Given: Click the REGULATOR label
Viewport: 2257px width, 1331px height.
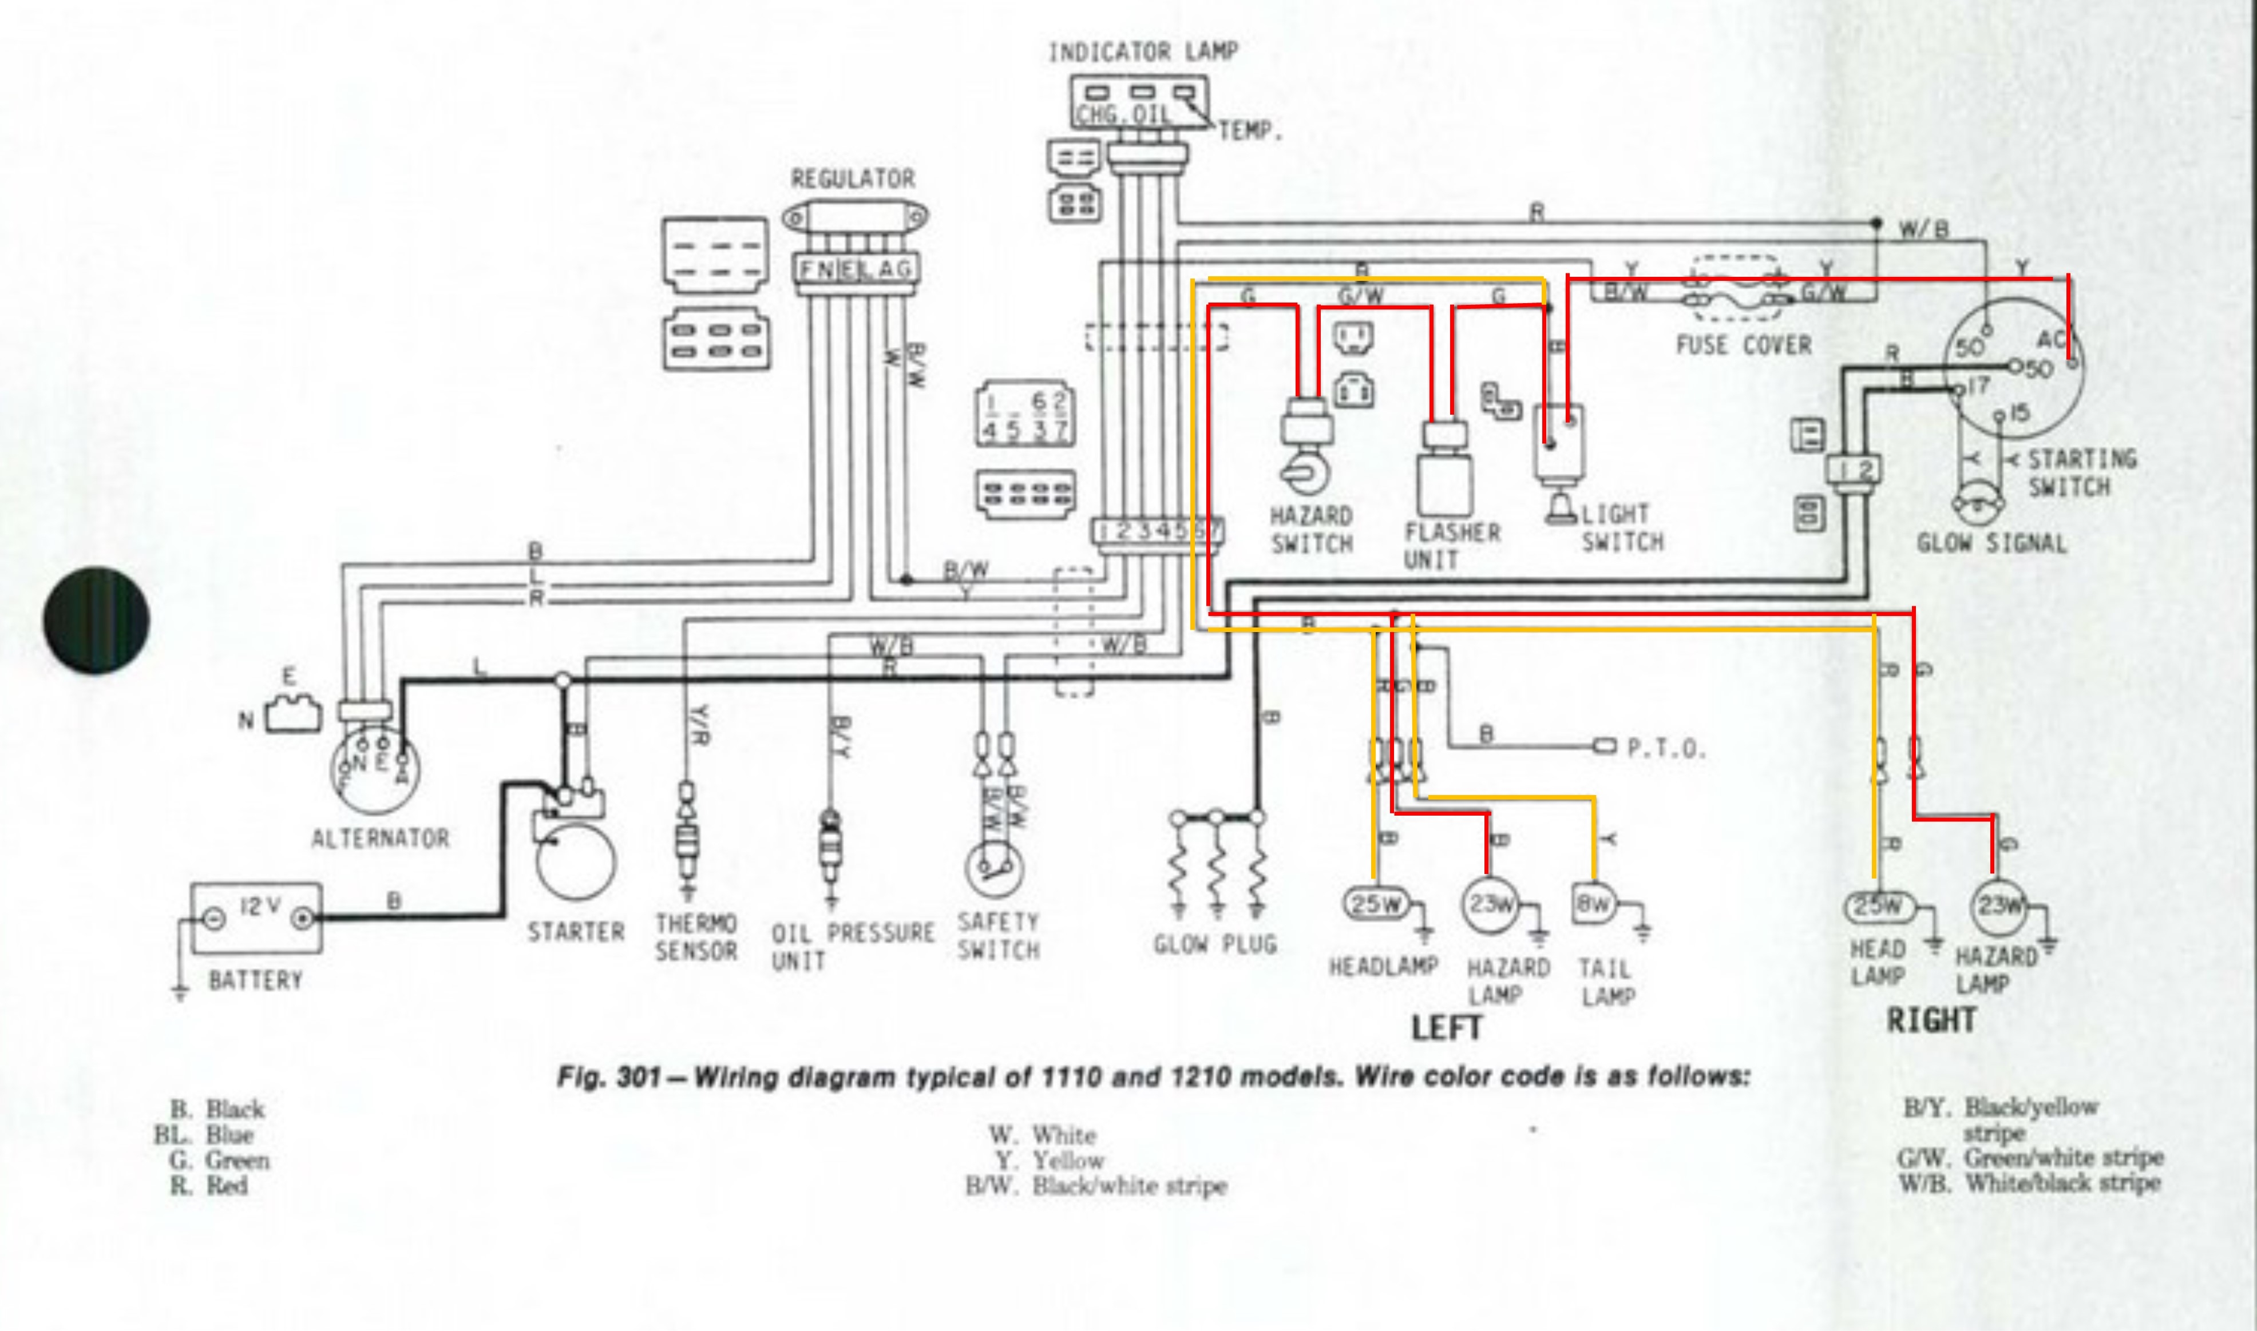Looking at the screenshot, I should coord(852,178).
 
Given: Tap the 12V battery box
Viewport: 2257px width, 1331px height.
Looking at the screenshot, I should coord(256,917).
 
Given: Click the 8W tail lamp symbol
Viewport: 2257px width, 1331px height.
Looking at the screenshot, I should coord(1593,903).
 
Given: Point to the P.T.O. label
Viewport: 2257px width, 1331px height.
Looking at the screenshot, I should coord(1666,749).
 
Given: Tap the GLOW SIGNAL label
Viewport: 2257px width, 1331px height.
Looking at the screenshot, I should coord(1991,543).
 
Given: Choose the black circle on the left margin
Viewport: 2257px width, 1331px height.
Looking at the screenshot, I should coord(96,620).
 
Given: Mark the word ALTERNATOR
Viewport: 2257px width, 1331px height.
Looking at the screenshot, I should coord(379,839).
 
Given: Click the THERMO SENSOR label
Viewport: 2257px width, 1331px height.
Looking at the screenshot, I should coord(696,937).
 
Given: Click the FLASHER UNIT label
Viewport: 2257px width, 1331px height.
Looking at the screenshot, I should coord(1451,546).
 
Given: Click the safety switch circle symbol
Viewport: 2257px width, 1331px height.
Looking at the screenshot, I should coord(994,868).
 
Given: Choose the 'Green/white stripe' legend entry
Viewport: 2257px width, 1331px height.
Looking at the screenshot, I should coord(2062,1158).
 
